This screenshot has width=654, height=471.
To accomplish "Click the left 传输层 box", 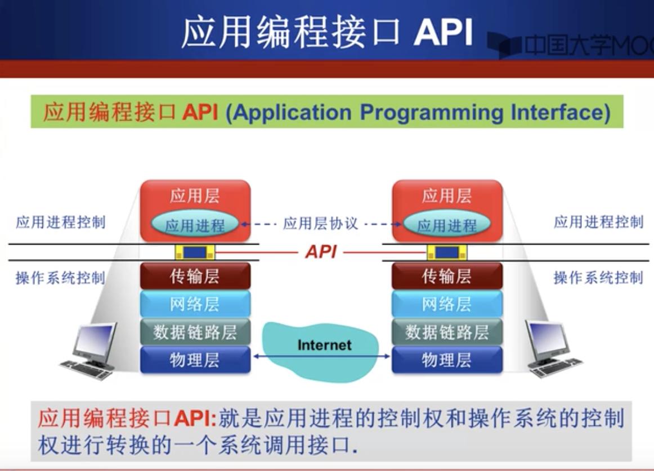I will point(195,276).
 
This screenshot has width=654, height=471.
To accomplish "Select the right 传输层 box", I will point(446,276).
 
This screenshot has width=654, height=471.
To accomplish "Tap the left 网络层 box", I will point(195,304).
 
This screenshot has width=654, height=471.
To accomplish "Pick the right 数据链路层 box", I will point(446,332).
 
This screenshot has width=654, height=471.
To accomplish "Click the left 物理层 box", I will point(195,359).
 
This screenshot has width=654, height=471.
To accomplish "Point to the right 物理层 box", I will point(446,359).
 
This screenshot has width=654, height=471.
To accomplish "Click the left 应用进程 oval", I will point(195,225).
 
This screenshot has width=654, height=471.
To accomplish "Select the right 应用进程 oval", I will point(447,225).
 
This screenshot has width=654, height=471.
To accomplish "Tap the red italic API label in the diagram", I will point(321,252).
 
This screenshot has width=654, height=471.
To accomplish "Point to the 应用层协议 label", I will point(321,224).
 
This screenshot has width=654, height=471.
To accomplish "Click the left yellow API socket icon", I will point(195,252).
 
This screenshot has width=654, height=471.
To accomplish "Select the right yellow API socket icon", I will point(447,252).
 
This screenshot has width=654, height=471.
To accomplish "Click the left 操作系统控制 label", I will point(60,278).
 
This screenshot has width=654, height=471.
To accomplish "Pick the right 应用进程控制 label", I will point(598,222).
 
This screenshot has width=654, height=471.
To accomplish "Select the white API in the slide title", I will point(443,33).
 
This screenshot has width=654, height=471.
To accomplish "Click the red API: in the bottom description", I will point(195,419).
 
